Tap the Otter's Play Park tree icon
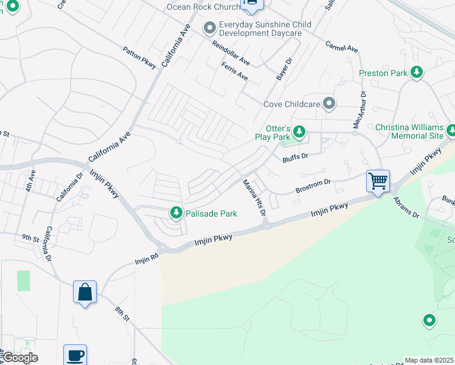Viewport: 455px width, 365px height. click(x=299, y=131)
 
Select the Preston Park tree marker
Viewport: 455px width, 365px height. click(x=417, y=73)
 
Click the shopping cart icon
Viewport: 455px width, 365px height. click(x=378, y=181)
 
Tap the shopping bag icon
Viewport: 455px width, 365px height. click(x=85, y=292)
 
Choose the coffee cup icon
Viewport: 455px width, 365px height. click(x=75, y=355)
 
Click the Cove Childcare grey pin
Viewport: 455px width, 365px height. click(x=329, y=103)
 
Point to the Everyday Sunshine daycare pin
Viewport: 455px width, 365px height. click(x=210, y=28)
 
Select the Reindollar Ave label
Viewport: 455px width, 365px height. click(x=231, y=53)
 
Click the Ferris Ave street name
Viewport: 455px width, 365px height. click(x=235, y=72)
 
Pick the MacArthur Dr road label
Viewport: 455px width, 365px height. click(x=359, y=109)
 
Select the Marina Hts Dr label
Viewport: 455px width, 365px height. click(x=254, y=198)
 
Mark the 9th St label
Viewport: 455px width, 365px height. click(x=30, y=237)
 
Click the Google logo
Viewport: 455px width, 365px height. click(x=19, y=358)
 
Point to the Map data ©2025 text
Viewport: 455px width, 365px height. click(x=429, y=360)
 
